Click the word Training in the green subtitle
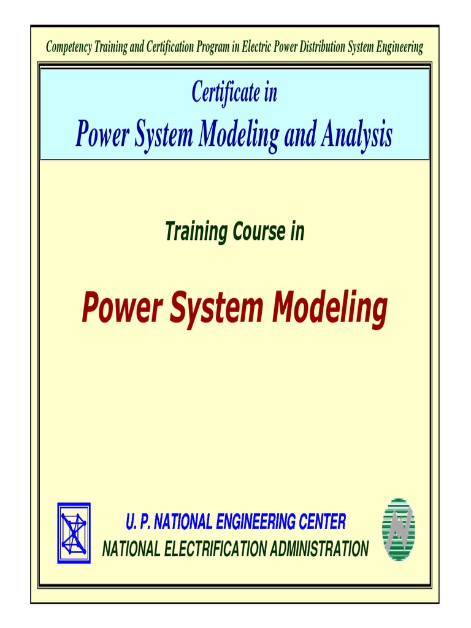tap(194, 232)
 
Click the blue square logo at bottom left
tap(74, 533)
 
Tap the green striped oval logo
tap(399, 529)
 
